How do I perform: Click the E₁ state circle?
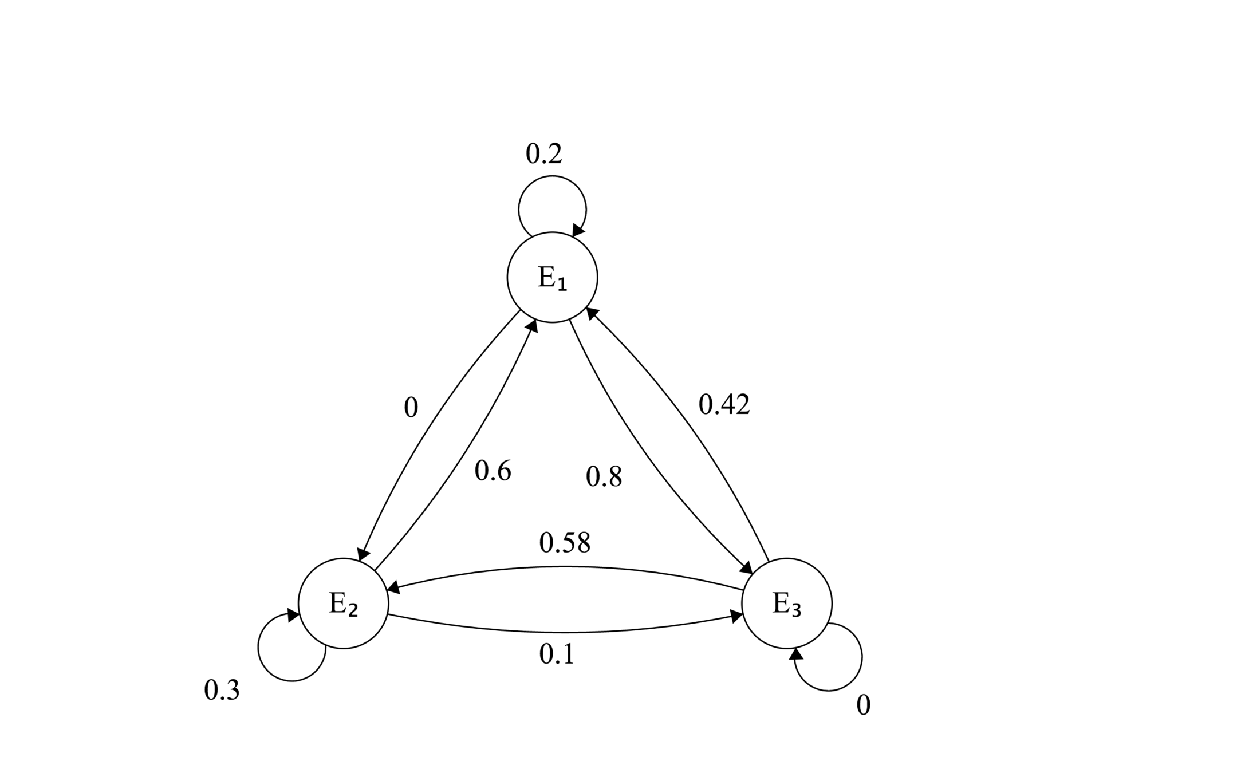[x=552, y=277]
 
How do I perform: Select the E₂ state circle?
[x=343, y=603]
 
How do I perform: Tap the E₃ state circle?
[x=786, y=603]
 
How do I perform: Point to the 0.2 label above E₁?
[x=543, y=153]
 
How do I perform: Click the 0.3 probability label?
[x=222, y=690]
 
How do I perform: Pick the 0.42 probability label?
[x=724, y=404]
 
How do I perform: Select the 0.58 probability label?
[x=565, y=542]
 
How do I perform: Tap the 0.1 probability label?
[x=557, y=653]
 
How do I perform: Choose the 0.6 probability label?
[x=493, y=471]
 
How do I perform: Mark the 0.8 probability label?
[x=604, y=476]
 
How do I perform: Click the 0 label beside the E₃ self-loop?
[x=863, y=705]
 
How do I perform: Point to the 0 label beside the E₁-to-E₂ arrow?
[x=411, y=408]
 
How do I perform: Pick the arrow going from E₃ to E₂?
[x=565, y=567]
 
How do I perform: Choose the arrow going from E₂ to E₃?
[x=565, y=632]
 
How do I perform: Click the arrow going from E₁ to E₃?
[x=641, y=458]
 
